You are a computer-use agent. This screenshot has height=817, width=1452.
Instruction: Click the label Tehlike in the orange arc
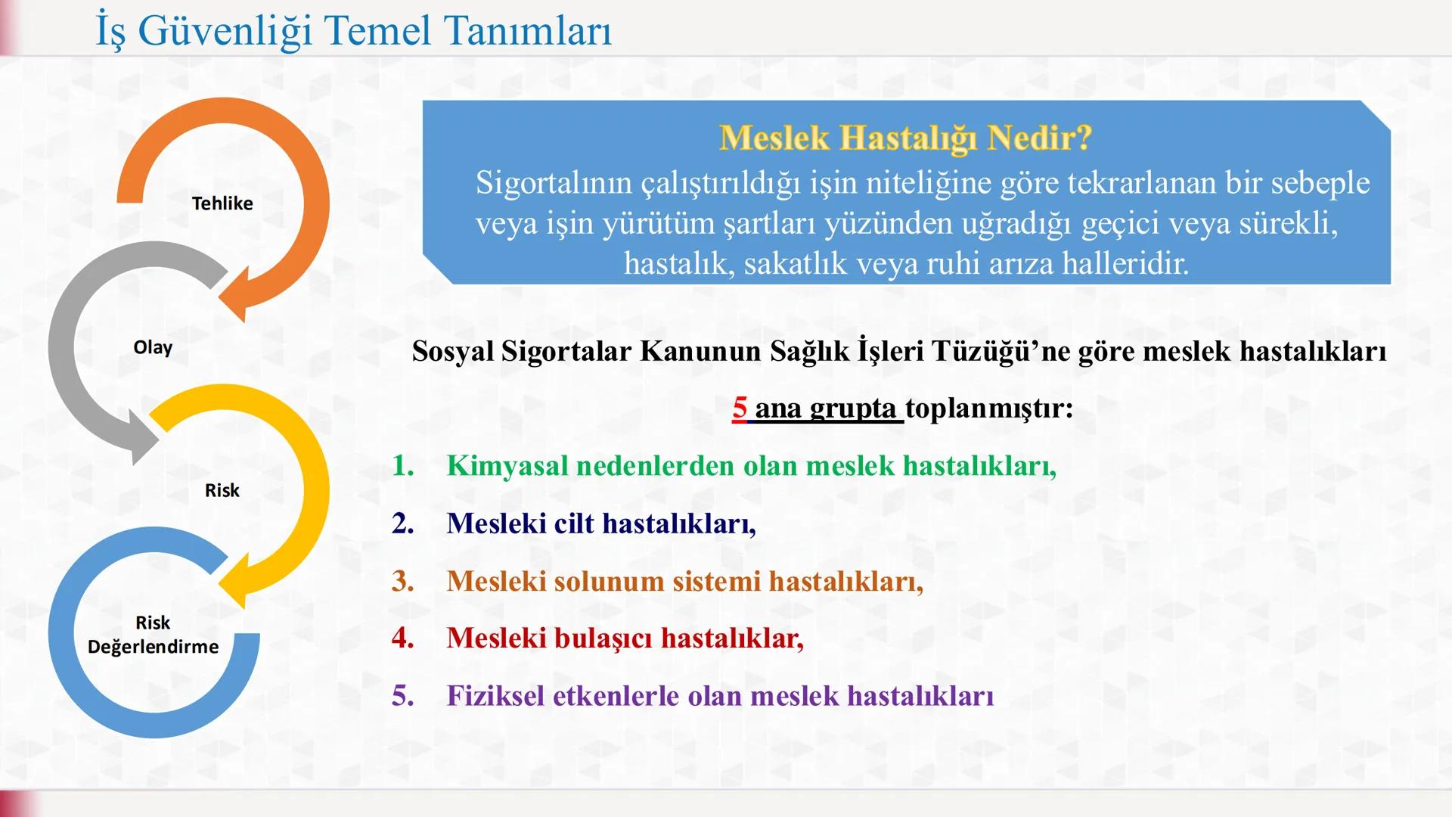click(x=222, y=203)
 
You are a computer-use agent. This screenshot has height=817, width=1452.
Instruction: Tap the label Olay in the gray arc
click(x=153, y=347)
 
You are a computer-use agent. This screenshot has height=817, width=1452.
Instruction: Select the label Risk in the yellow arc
click(x=222, y=490)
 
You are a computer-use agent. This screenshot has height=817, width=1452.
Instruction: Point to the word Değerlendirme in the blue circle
click(x=153, y=647)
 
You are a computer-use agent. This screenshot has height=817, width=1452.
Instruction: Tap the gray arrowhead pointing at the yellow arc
click(x=144, y=439)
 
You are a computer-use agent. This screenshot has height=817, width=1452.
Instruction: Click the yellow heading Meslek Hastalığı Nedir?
click(x=905, y=138)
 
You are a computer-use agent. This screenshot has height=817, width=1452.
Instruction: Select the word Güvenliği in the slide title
click(x=225, y=31)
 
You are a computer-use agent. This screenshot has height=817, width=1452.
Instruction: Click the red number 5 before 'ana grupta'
click(x=739, y=408)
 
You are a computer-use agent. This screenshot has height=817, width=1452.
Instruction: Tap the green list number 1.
click(x=402, y=465)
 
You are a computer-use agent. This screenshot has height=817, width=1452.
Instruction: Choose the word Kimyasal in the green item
click(x=507, y=466)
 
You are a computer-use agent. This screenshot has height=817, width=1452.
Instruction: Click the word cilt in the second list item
click(x=574, y=523)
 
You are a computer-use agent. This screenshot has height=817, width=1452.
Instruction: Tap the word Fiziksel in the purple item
click(x=495, y=696)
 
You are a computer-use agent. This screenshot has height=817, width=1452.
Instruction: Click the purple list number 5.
click(x=402, y=696)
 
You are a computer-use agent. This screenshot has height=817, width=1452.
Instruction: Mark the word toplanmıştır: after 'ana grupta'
click(x=989, y=408)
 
